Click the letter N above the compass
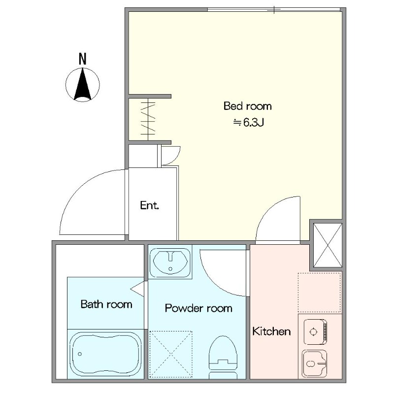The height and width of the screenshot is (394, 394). point(82,59)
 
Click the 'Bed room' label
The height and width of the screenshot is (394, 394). point(248,106)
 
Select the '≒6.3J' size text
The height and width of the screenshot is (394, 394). point(249,123)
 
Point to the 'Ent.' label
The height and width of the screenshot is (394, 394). point(150,205)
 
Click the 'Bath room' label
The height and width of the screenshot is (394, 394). point(106,304)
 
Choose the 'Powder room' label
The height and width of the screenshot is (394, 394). point(198,308)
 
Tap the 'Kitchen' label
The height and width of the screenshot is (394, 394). point(271,331)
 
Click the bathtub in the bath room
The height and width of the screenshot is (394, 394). point(105,354)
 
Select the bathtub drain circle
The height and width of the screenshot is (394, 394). point(80,354)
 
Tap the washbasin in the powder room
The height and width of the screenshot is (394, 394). point(170,262)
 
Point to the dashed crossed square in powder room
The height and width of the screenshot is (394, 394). point(171,354)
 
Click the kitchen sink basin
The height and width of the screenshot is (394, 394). point(314,364)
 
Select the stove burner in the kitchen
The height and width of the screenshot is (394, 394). point(313,332)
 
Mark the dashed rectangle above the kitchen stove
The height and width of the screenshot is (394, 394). point(319,293)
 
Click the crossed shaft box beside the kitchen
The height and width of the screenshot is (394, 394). point(328,245)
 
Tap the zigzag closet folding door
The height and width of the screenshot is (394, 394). point(148,119)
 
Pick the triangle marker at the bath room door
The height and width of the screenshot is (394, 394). point(137,289)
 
